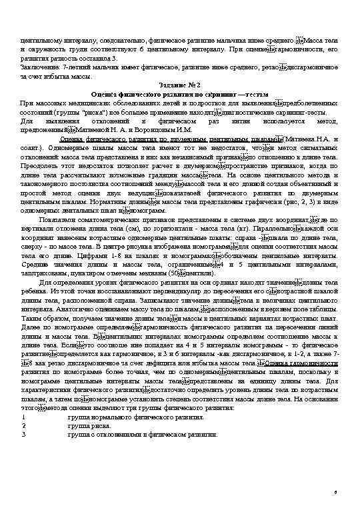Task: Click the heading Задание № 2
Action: [x=180, y=86]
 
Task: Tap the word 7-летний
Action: [x=75, y=69]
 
